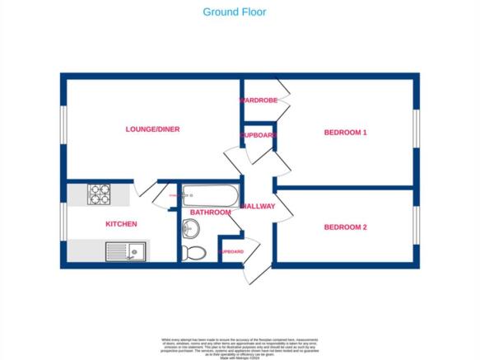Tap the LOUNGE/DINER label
coord(152,129)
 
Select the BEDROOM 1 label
coord(345,132)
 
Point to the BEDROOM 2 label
coord(345,227)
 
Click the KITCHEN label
coord(120,224)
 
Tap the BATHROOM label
coord(210,213)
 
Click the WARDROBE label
coord(258,101)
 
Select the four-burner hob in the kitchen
coord(100,194)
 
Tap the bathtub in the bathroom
coord(210,196)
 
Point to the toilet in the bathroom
coord(195,252)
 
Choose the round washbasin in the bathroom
coord(186,228)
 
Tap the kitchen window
coord(62,224)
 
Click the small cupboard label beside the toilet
coord(231,251)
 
